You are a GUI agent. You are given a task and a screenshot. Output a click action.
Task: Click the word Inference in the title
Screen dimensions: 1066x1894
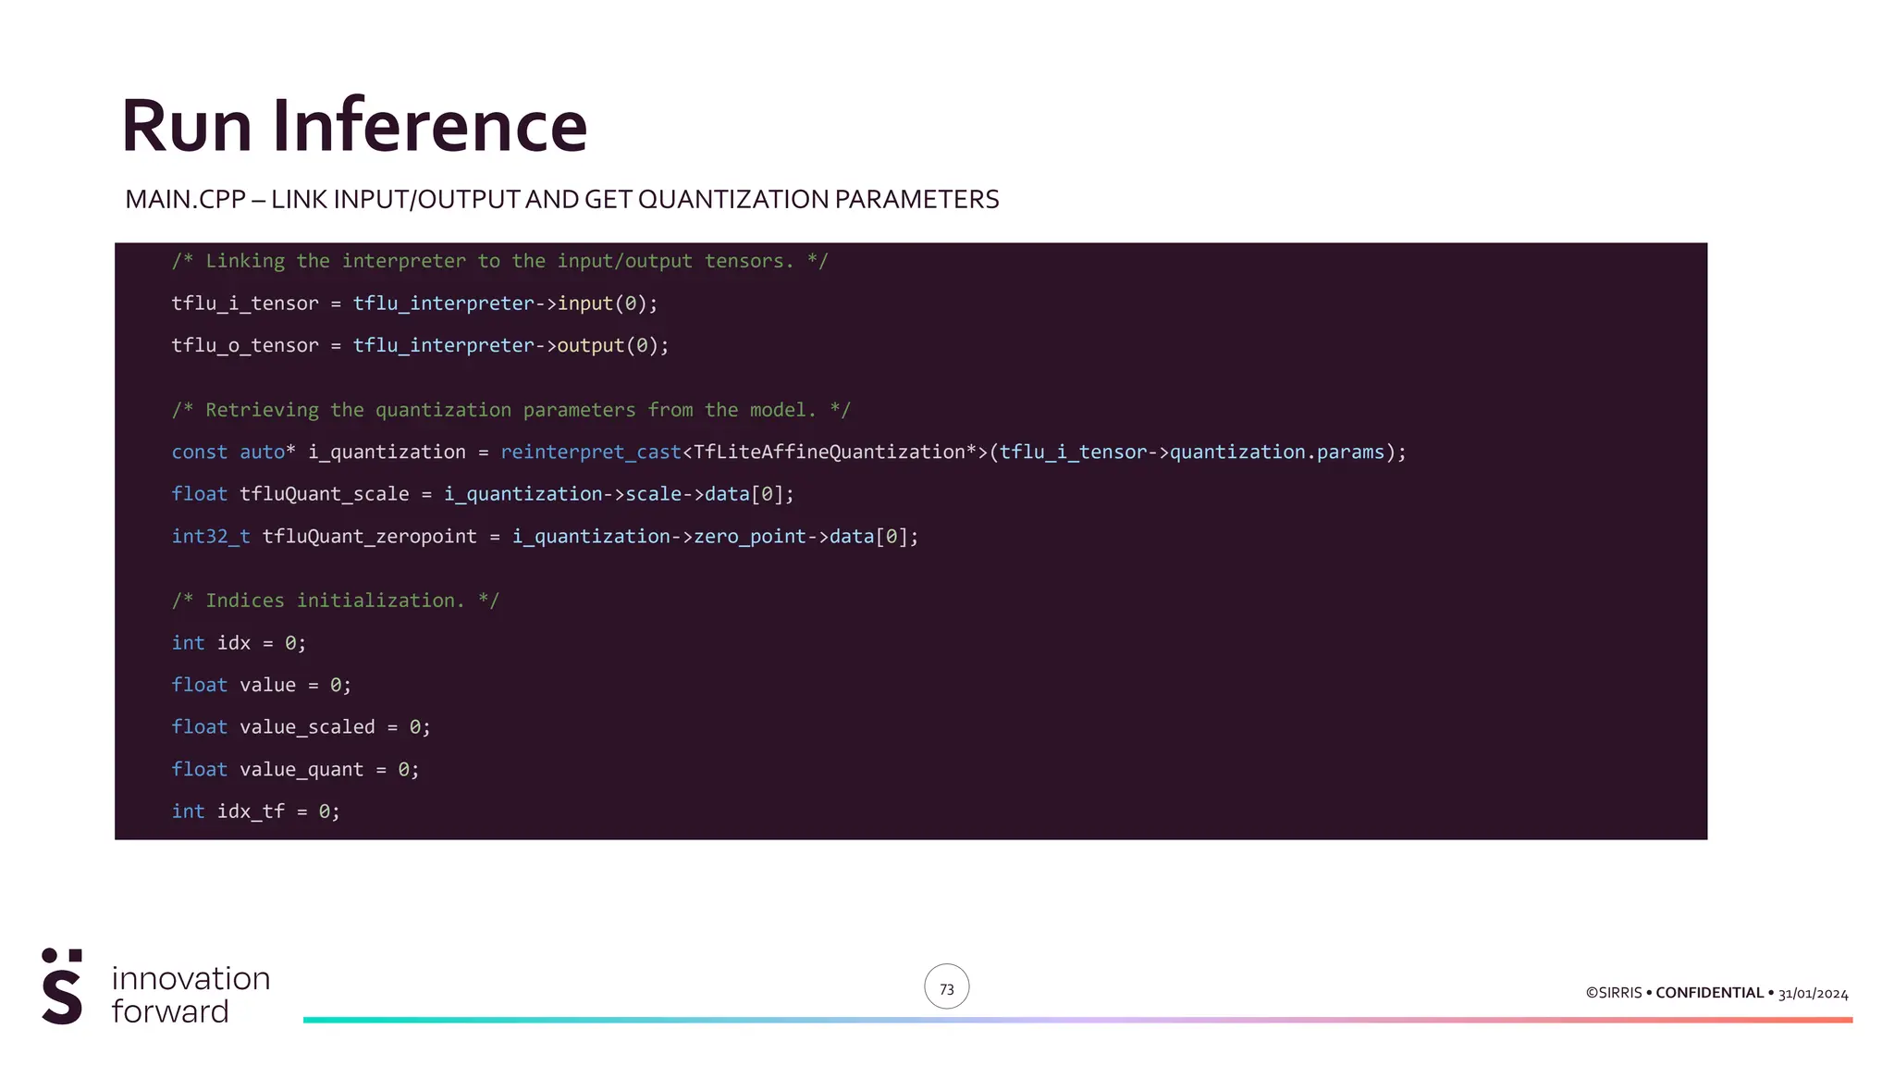pos(429,126)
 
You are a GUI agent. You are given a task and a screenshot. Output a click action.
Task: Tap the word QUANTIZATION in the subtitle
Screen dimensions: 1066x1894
pos(732,200)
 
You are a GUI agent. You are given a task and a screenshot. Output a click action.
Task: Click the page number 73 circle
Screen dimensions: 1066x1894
pos(946,987)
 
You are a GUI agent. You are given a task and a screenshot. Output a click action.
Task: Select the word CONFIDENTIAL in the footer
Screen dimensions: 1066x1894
pos(1709,993)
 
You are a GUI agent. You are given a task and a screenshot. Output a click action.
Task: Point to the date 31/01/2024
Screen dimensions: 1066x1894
pos(1813,994)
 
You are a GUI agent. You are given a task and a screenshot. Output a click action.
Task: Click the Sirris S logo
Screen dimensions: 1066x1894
pos(62,986)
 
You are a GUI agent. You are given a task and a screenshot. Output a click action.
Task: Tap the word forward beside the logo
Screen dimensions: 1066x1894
pos(170,1011)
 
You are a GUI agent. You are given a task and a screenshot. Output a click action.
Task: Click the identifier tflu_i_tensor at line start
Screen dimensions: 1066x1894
pos(244,304)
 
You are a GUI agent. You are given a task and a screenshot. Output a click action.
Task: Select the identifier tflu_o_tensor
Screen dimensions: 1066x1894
pos(244,345)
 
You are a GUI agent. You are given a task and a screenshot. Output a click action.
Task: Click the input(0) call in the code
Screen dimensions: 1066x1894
pos(607,304)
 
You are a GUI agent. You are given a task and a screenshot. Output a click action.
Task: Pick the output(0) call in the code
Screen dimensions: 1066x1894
pos(611,345)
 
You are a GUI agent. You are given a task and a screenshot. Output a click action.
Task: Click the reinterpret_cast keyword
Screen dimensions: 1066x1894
pos(590,452)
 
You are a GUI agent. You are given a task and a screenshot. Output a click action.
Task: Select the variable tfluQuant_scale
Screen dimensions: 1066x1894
pos(324,494)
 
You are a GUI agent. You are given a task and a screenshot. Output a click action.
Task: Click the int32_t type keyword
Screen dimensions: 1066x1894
pos(210,537)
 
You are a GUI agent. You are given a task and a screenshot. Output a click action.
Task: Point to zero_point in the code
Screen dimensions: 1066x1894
pos(749,537)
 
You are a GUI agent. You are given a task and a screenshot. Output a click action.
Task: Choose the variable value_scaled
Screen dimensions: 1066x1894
pos(307,727)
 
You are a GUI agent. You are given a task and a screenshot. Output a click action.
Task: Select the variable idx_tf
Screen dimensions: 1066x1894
pos(251,812)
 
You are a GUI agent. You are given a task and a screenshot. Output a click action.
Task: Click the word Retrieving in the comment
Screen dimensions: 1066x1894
pos(262,410)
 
